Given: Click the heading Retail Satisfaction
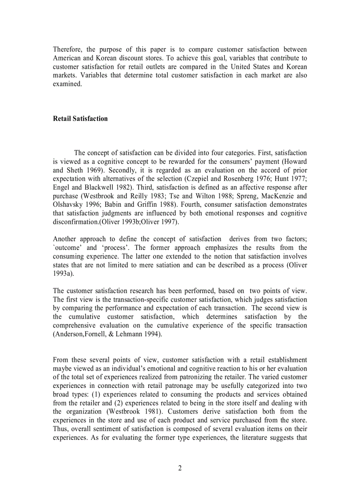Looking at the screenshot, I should click(80, 119).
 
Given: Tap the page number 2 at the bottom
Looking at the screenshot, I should click(180, 468).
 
